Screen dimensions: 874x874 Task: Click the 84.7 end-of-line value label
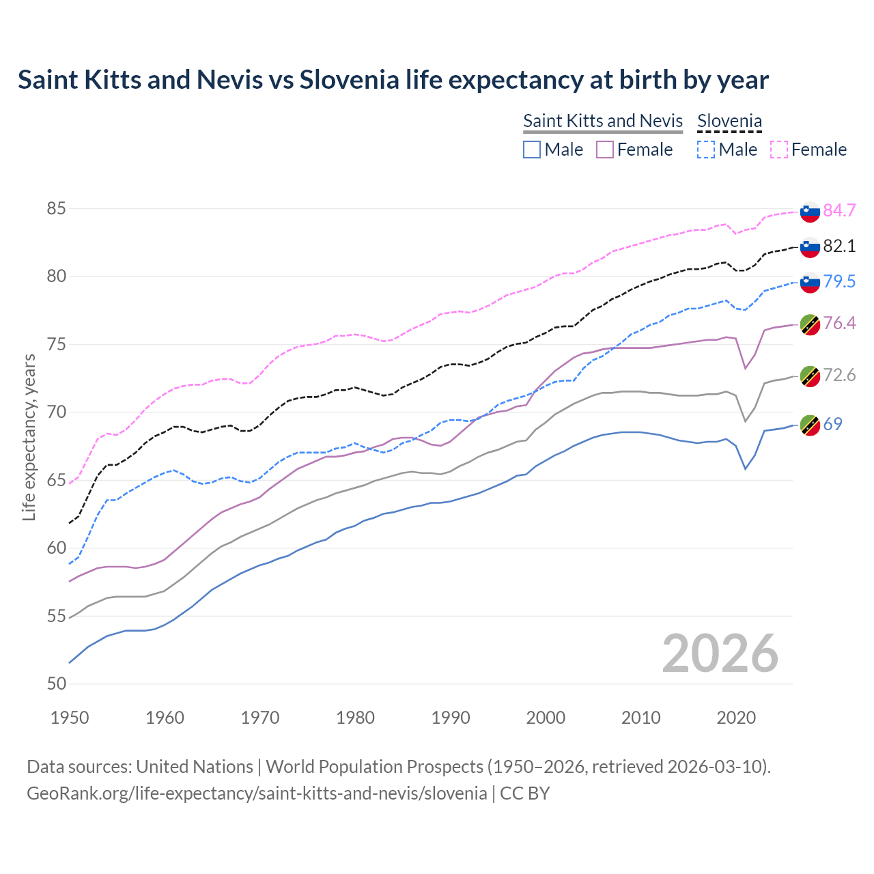839,210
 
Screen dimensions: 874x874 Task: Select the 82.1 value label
839,246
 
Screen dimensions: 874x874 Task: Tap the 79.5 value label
839,281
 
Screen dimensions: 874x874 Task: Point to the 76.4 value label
839,323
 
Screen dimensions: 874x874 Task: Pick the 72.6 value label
839,375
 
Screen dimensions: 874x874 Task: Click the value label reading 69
832,424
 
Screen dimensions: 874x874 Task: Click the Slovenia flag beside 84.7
810,212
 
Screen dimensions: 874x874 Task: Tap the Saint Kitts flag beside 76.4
810,324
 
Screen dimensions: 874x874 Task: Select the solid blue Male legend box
532,150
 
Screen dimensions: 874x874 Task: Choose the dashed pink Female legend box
779,150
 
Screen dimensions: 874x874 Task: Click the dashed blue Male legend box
706,150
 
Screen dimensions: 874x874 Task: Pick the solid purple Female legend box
605,150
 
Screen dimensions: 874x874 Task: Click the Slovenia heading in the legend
729,121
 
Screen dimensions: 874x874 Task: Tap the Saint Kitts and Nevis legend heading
603,121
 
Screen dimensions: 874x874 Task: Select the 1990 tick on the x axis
451,718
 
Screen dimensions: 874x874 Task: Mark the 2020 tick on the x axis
735,718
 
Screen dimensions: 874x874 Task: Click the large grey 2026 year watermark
720,653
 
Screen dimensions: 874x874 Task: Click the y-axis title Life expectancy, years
29,437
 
